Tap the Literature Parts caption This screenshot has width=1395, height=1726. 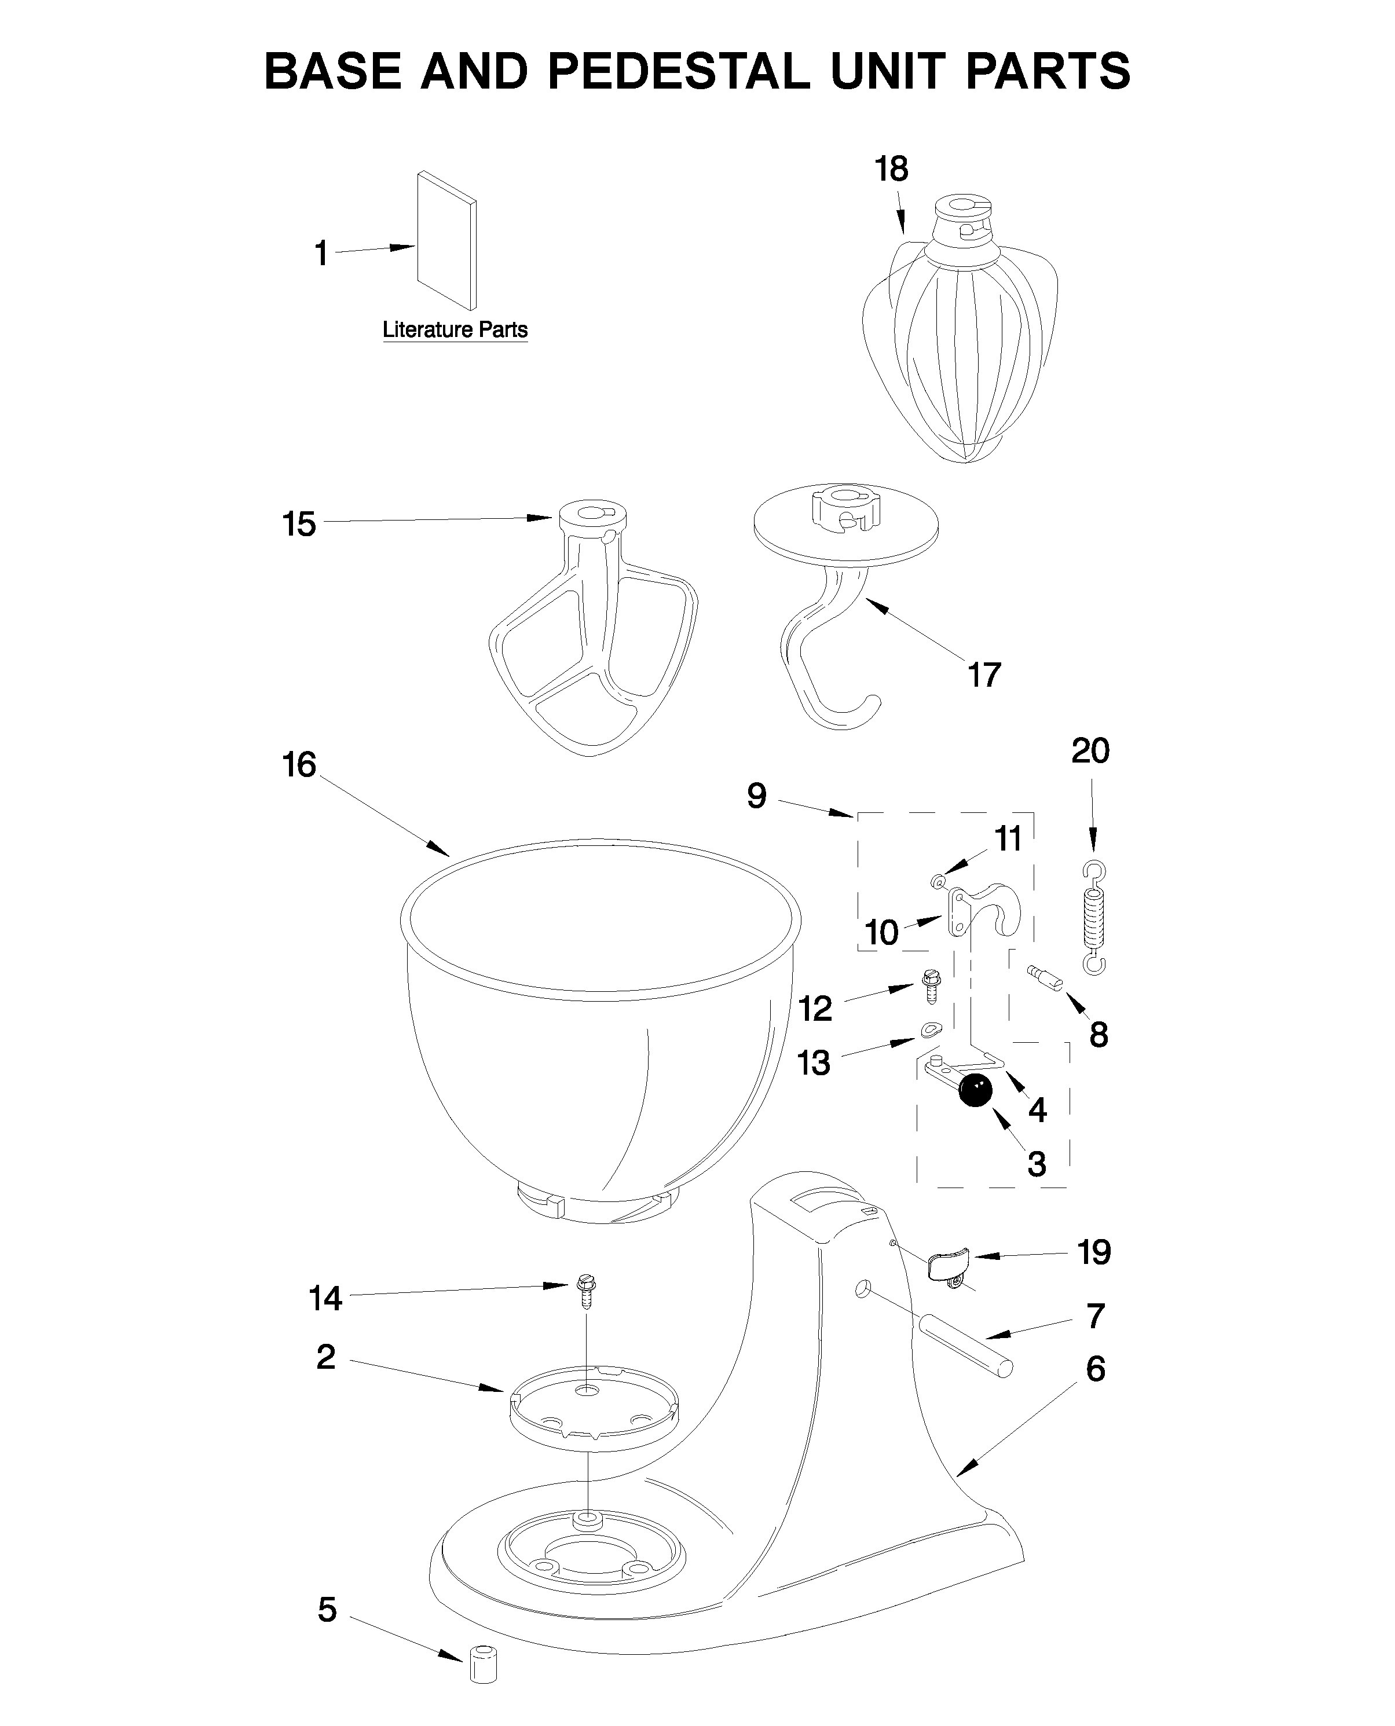455,329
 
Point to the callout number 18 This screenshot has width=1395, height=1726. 891,168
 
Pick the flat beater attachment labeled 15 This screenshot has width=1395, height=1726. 593,635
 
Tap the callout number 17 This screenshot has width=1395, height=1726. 984,675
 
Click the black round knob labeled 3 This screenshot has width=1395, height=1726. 976,1090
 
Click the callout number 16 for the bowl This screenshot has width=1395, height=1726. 299,765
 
